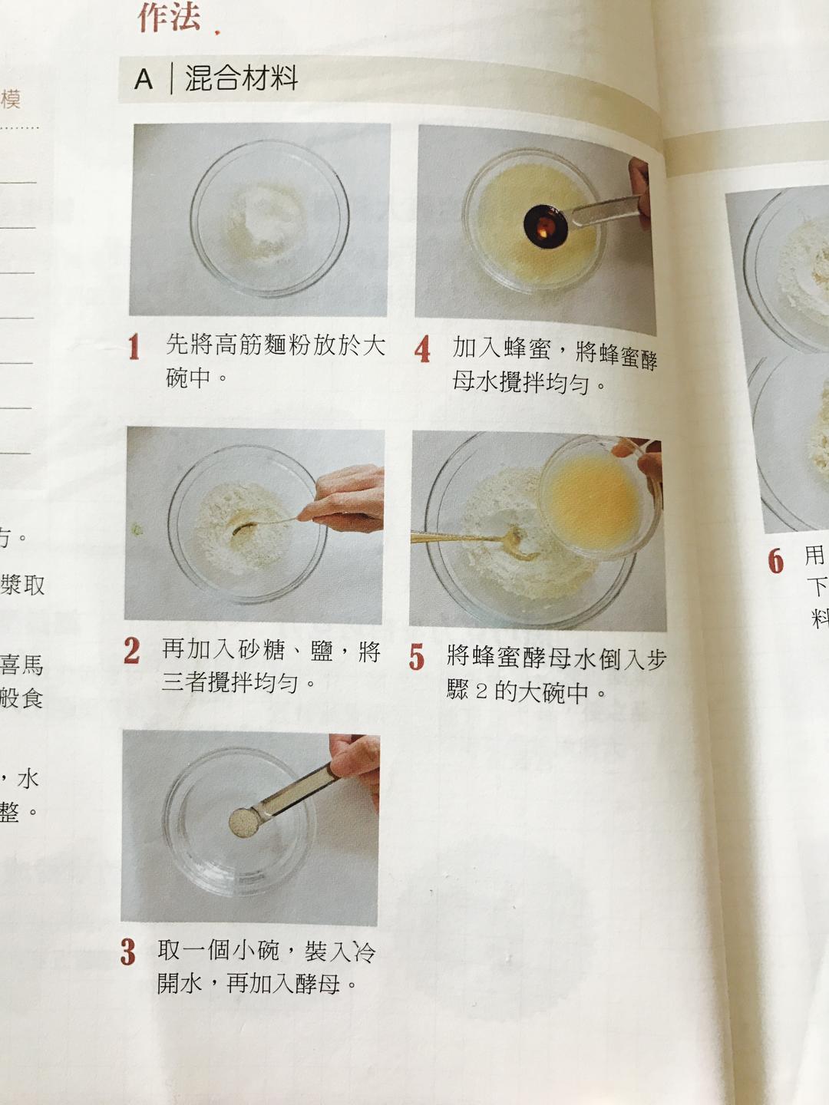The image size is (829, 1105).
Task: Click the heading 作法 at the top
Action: tap(170, 17)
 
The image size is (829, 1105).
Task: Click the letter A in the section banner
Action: tap(144, 79)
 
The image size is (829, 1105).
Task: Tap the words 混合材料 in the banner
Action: tap(241, 78)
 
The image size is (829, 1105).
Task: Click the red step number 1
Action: tap(134, 347)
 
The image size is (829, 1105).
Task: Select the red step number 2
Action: tap(131, 651)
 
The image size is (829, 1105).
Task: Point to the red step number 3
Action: tap(127, 952)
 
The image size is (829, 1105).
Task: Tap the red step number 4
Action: tap(422, 350)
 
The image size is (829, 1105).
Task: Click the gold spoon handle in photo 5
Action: tap(453, 537)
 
